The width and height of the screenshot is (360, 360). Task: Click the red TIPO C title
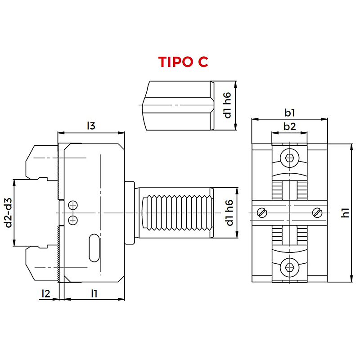[x=183, y=62]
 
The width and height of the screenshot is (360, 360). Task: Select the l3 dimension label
[x=91, y=126]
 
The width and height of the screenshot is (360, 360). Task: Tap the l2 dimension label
[x=46, y=293]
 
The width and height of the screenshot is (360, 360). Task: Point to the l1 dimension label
[x=94, y=293]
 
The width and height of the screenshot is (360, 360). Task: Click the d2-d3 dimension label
[x=9, y=213]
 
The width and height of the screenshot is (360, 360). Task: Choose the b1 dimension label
[x=289, y=112]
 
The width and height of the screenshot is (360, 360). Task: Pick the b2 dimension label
[x=289, y=126]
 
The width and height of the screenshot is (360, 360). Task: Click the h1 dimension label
[x=345, y=213]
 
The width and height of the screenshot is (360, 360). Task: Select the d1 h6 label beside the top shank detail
[x=227, y=105]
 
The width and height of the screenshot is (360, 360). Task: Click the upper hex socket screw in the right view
[x=289, y=158]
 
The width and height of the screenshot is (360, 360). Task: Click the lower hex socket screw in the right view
[x=289, y=267]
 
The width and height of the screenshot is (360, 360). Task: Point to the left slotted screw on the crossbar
[x=262, y=213]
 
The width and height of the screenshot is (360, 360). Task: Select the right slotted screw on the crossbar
[x=317, y=213]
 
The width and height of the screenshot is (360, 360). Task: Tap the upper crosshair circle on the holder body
[x=73, y=205]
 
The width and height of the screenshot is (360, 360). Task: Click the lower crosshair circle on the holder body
[x=73, y=220]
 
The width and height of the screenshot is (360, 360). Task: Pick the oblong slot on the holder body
[x=94, y=248]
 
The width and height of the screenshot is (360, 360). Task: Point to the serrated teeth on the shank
[x=177, y=213]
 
